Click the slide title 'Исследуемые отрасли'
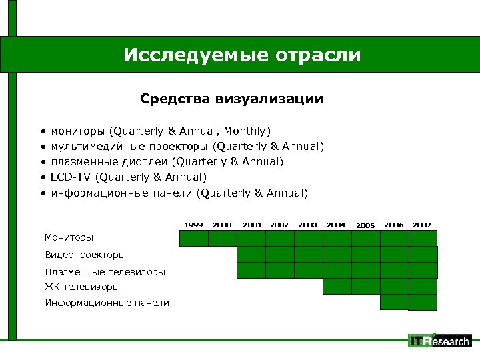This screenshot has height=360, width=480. click(241, 55)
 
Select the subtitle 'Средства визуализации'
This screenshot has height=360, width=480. click(231, 99)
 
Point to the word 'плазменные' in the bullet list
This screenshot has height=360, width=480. click(83, 161)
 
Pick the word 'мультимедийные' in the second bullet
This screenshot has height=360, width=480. click(96, 146)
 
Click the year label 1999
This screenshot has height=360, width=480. click(194, 225)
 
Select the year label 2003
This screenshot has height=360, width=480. click(307, 225)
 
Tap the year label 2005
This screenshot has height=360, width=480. click(365, 226)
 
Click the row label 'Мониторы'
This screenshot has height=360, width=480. click(69, 237)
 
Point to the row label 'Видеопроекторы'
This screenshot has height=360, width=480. click(85, 255)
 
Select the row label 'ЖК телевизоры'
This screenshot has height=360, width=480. click(83, 287)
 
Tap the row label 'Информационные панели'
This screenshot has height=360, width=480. click(107, 303)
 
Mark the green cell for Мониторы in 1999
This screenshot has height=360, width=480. click(193, 238)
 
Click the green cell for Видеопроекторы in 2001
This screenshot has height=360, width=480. click(251, 254)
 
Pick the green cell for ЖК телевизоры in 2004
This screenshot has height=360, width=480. click(337, 286)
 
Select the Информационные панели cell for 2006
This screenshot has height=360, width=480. click(394, 302)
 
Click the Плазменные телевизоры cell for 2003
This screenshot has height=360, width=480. click(308, 270)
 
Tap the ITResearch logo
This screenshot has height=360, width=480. click(440, 341)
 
